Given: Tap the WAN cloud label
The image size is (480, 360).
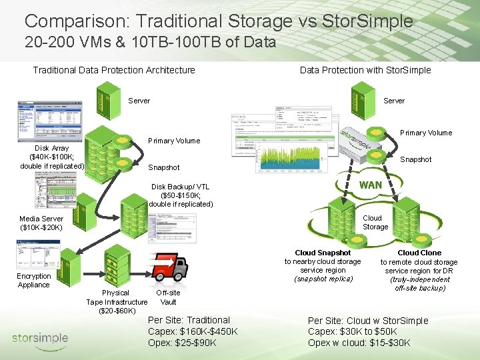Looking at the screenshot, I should coord(370,185).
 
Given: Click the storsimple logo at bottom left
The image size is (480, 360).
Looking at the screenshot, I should coord(40,338).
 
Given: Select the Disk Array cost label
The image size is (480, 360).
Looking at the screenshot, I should coord(52,157).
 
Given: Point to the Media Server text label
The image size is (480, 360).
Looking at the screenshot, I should coord(41,223).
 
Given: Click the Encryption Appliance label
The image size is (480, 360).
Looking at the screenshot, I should coord(34,280).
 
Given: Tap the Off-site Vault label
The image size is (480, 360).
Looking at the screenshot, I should coord(168,297).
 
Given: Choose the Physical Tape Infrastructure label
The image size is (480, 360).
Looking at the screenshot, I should coord(117,302).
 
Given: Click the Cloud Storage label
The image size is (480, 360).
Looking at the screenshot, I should coord(375,222).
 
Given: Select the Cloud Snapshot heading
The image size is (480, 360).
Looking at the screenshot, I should coord(323,253).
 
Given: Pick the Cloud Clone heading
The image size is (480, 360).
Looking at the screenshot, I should coord(419,253).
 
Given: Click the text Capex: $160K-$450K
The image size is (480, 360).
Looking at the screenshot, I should coord(193,331).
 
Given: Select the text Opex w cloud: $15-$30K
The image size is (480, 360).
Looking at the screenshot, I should coord(359,343).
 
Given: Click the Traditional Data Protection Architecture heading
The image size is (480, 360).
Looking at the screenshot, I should coord(114,70).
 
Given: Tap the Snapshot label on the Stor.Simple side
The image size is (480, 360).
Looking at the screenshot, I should coord(415,159).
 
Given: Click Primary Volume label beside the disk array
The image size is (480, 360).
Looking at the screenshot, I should coord(174,141).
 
